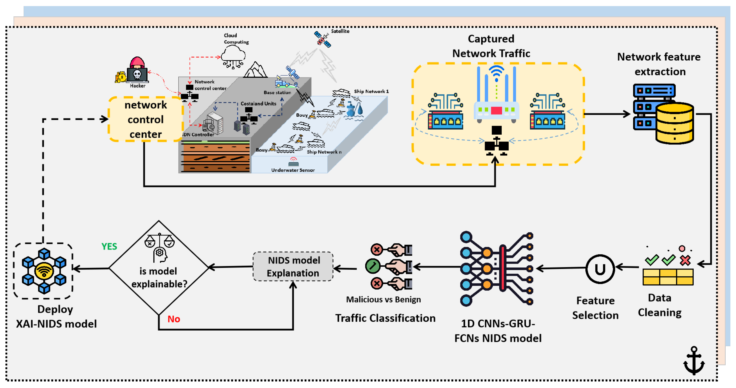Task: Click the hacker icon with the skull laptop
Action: pyautogui.click(x=137, y=71)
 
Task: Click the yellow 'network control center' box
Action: pyautogui.click(x=145, y=119)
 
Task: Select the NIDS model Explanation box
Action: pyautogui.click(x=293, y=267)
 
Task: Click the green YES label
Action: pyautogui.click(x=109, y=246)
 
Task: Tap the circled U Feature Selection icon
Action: pyautogui.click(x=600, y=269)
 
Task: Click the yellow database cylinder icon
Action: pyautogui.click(x=674, y=124)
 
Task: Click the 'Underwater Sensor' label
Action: pyautogui.click(x=293, y=170)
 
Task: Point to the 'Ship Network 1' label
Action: pyautogui.click(x=371, y=91)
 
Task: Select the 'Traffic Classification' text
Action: pyautogui.click(x=385, y=318)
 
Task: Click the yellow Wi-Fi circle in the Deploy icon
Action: pyautogui.click(x=44, y=271)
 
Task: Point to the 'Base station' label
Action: pyautogui.click(x=277, y=92)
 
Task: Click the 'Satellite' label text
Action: pyautogui.click(x=340, y=31)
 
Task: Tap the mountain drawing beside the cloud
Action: pyautogui.click(x=256, y=70)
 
